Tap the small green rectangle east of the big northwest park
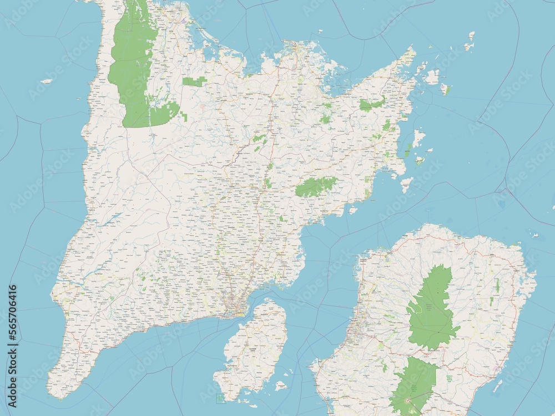click(x=194, y=82)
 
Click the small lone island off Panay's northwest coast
click(x=47, y=81)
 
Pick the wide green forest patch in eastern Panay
click(x=316, y=187)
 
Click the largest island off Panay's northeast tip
click(x=432, y=77)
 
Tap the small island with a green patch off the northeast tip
click(x=445, y=88)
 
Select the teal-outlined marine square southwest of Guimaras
click(x=221, y=397)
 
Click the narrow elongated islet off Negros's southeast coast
click(x=498, y=385)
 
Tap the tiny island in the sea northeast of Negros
click(x=534, y=235)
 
